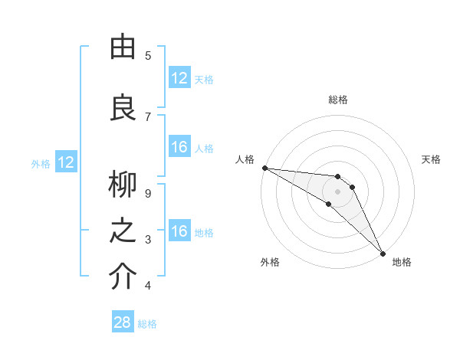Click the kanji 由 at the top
pos(123,47)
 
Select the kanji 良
pos(123,106)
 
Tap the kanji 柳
pos(123,185)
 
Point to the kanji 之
pos(123,232)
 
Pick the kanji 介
pos(123,278)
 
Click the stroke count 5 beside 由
pos(148,56)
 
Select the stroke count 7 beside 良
pos(148,116)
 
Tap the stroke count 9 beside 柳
pos(148,194)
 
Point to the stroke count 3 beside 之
pos(148,241)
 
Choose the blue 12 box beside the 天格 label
pos(179,78)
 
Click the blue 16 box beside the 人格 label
pos(179,147)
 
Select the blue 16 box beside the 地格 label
pos(179,232)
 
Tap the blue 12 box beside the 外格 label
pos(66,162)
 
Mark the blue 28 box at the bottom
pos(123,322)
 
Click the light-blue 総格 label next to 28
pos(147,324)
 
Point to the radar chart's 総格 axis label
pos(338,100)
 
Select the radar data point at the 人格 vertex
pos(264,167)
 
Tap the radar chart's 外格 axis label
pos(270,262)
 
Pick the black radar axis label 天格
pos(432,159)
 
